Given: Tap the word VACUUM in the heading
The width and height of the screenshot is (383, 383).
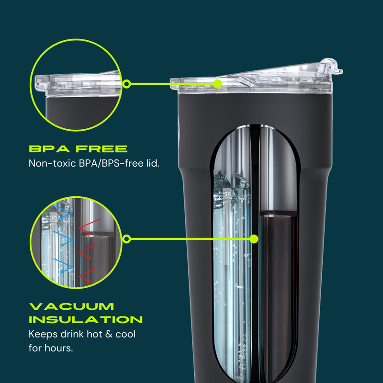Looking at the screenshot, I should (72, 306).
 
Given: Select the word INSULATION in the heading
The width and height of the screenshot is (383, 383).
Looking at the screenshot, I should (86, 319).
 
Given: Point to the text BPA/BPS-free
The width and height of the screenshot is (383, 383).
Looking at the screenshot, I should (106, 163).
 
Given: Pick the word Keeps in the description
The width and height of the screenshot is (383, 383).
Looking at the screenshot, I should (42, 333).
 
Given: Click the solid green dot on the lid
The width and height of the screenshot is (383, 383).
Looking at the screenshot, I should (218, 84).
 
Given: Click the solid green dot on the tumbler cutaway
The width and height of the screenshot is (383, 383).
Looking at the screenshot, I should (254, 238).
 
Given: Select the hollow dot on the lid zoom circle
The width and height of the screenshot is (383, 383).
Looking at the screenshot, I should (127, 84).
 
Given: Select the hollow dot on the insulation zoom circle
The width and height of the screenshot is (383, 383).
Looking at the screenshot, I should (127, 238).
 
